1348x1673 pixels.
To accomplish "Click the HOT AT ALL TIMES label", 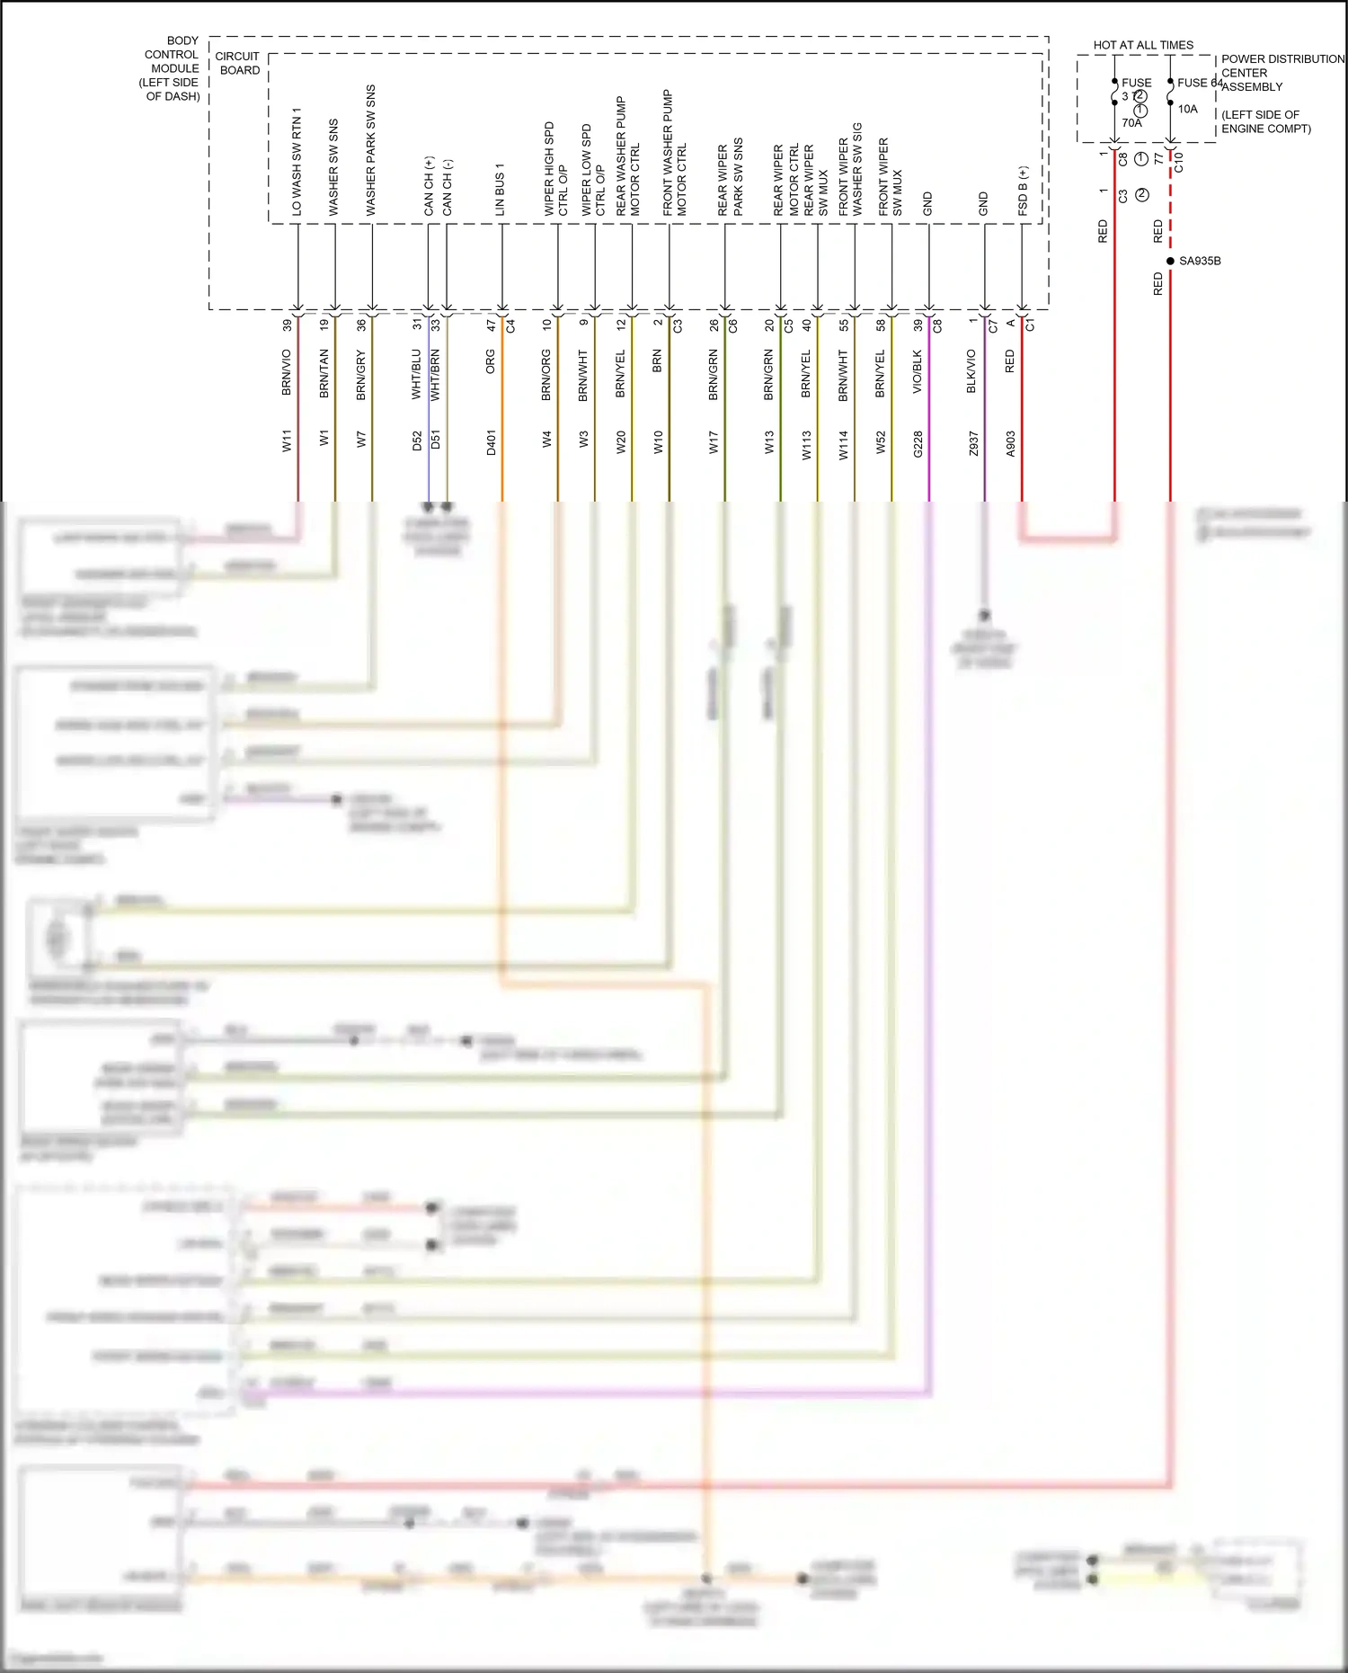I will (1142, 45).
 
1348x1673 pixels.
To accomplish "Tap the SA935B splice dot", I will (1170, 261).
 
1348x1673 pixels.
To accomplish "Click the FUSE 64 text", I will (1200, 83).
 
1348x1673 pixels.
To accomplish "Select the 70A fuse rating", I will (1131, 123).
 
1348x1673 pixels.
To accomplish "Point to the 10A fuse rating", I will (1187, 109).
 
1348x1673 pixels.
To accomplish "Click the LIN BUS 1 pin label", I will (500, 189).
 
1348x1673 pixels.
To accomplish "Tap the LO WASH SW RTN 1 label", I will (296, 161).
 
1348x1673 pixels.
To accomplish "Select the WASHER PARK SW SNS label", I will (370, 150).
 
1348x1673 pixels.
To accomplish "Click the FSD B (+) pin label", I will (1023, 191).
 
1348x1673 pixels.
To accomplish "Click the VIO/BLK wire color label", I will (918, 371).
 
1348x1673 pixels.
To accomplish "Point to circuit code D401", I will (491, 442).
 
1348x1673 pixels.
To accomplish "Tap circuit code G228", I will (918, 444).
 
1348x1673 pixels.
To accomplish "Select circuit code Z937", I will (973, 444).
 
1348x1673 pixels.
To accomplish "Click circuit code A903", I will (1010, 443).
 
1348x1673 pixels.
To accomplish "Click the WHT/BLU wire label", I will (416, 374).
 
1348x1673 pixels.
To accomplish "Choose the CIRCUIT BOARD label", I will (238, 63).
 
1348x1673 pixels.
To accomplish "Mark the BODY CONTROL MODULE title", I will (172, 68).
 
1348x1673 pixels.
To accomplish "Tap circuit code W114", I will (843, 445).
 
